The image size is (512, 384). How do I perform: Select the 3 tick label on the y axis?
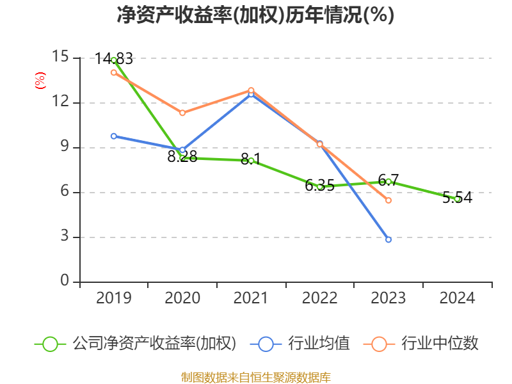[65, 236]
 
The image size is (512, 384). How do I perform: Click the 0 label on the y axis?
[65, 281]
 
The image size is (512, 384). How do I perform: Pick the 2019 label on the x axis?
[113, 298]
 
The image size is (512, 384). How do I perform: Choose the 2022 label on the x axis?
[319, 298]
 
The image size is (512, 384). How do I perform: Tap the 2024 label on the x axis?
[457, 298]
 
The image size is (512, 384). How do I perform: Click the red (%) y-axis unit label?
[40, 81]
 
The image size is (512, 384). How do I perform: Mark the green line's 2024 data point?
[457, 199]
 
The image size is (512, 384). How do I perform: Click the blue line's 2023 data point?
[388, 239]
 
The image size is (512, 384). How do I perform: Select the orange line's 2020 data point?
[182, 113]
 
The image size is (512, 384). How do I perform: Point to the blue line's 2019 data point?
[113, 136]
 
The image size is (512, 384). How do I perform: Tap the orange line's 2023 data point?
[388, 200]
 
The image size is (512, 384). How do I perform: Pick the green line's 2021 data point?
[251, 161]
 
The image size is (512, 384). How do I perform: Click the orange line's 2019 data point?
[113, 72]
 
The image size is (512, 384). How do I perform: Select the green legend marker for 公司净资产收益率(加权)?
[51, 344]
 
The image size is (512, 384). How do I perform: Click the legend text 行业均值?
[319, 344]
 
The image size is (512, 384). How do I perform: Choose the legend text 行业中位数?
[440, 344]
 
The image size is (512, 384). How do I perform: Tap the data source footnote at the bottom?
[255, 377]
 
